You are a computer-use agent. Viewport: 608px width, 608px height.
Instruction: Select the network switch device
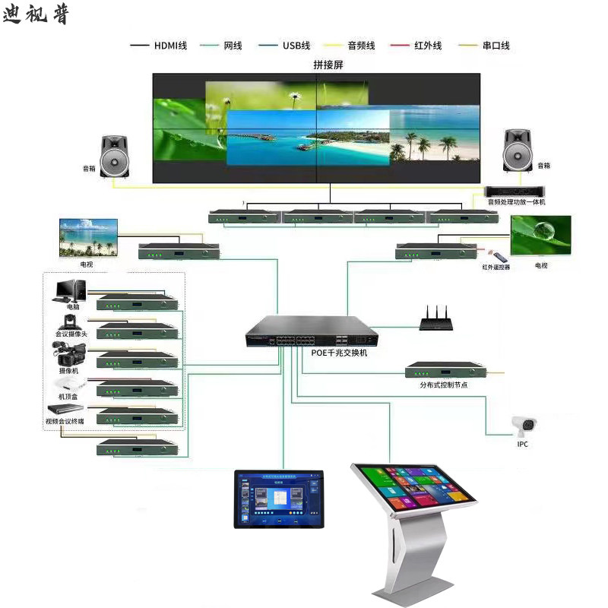pos(311,331)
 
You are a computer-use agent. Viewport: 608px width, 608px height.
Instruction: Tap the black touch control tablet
pos(277,499)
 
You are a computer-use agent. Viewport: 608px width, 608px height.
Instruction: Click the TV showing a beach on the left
pos(89,238)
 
